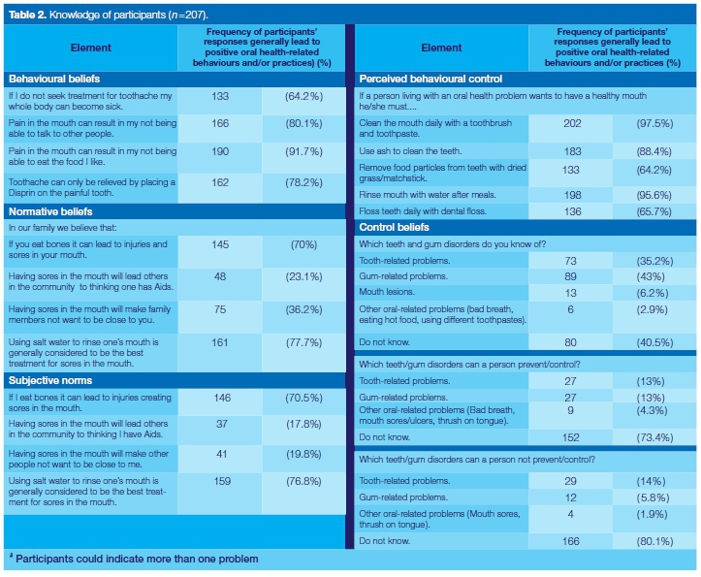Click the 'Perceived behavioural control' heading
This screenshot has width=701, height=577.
pos(430,78)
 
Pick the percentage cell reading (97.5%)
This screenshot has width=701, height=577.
pos(654,123)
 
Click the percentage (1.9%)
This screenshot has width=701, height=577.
pos(654,514)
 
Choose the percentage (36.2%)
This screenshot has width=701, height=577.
pos(303,308)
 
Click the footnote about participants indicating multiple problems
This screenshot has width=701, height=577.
pos(131,560)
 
